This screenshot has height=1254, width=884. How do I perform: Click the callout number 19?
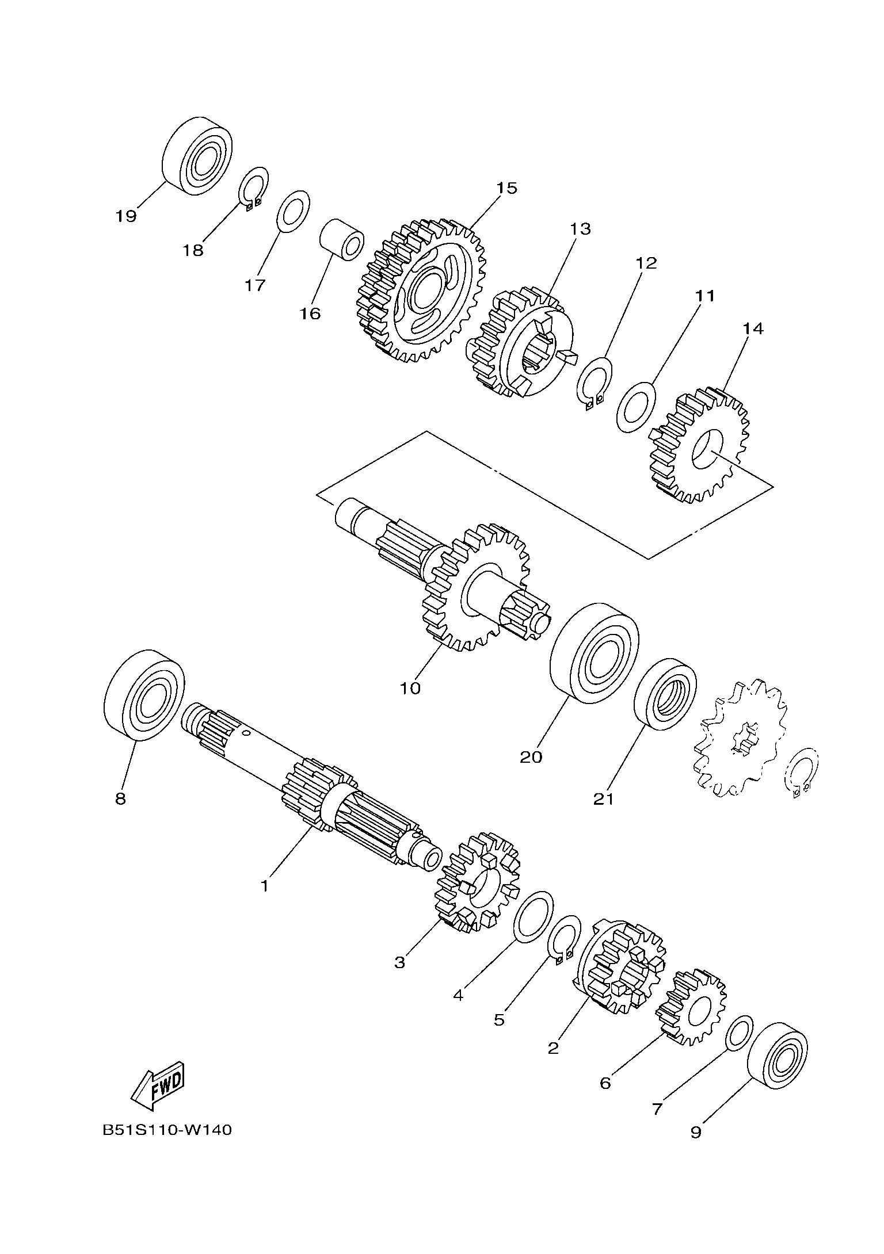click(125, 216)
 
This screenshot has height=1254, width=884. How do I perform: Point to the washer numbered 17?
click(294, 211)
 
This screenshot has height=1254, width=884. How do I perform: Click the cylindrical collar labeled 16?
click(342, 240)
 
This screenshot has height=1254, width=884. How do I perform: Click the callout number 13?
click(580, 229)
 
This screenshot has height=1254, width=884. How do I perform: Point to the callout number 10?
click(410, 688)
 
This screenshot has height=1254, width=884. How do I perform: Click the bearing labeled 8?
click(144, 695)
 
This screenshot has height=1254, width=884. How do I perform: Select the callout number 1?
click(264, 886)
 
